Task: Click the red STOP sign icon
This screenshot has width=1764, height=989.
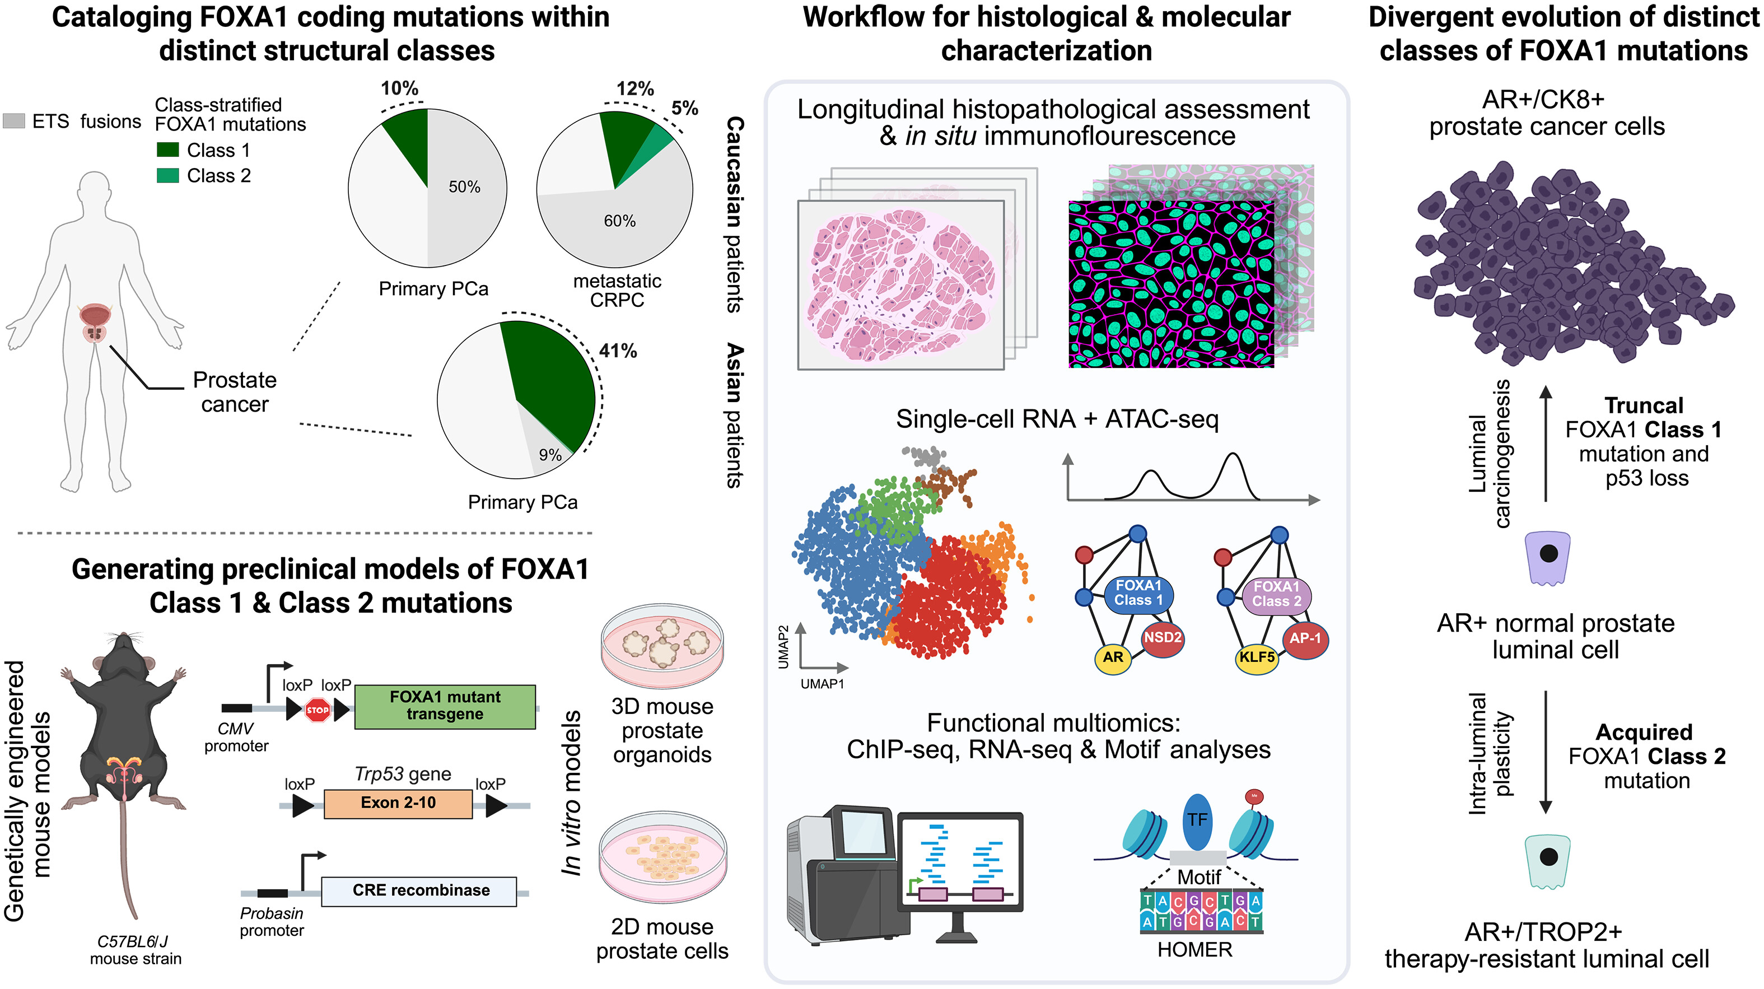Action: (x=317, y=710)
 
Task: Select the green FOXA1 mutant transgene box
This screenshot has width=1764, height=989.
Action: (x=445, y=706)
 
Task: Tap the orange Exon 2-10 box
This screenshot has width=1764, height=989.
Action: (x=398, y=803)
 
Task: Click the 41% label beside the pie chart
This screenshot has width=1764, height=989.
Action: (x=618, y=351)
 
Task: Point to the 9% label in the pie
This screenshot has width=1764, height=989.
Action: (x=550, y=455)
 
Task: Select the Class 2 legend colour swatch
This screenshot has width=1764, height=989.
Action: (x=168, y=176)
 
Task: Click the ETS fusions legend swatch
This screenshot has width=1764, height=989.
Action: (x=13, y=121)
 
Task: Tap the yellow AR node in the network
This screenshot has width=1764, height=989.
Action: (x=1113, y=657)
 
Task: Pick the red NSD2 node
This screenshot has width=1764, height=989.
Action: (x=1163, y=638)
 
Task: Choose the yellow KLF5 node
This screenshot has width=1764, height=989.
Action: (x=1257, y=657)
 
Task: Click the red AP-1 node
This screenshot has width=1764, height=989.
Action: (x=1305, y=639)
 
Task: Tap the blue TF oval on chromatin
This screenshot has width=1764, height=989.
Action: (x=1197, y=820)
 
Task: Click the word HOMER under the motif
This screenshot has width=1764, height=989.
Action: (x=1195, y=950)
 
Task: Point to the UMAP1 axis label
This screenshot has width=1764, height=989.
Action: (x=823, y=684)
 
